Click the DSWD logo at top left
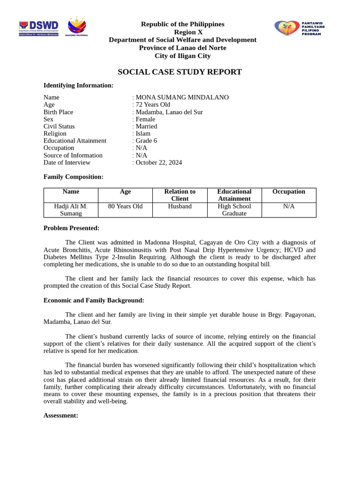coord(38,28)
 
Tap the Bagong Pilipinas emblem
coord(77,27)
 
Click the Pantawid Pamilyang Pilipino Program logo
coord(299,28)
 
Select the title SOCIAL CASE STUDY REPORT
coord(180,72)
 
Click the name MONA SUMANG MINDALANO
coord(182,97)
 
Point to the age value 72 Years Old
coord(153,105)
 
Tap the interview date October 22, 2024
coord(158,163)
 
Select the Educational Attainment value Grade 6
coord(146,141)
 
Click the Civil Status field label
coord(59,127)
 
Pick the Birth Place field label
coord(58,112)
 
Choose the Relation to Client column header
coord(180,195)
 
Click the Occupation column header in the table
coord(289,192)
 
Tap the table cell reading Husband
coord(180,206)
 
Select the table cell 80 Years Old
coord(125,206)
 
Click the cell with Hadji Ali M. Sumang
coord(71,210)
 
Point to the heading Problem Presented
coord(71,228)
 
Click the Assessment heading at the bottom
coord(60,415)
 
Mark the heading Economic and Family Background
coord(94,300)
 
